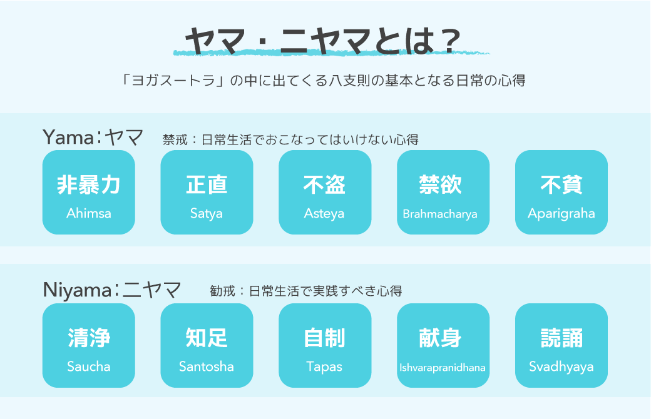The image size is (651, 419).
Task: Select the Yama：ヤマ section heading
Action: [x=93, y=137]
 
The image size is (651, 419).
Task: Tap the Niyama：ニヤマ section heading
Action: [x=112, y=290]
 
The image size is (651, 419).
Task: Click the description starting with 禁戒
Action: [x=290, y=139]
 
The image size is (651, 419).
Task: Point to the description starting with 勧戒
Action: [x=305, y=291]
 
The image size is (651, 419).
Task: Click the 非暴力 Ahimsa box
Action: [x=89, y=193]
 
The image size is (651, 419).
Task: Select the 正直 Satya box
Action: [x=207, y=193]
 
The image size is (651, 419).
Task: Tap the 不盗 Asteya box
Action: [x=324, y=193]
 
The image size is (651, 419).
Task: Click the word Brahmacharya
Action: [x=440, y=214]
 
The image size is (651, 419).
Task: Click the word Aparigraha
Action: [x=561, y=213]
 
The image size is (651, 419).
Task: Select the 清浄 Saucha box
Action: [x=89, y=345]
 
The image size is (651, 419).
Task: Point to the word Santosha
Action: [x=207, y=366]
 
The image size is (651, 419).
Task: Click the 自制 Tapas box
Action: [x=324, y=345]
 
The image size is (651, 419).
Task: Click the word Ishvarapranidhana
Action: [x=443, y=367]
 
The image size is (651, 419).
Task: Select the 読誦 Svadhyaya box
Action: [x=561, y=345]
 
